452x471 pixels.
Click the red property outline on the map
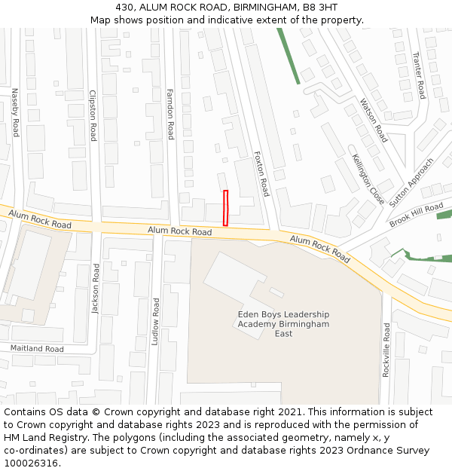225,208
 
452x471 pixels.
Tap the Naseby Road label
14,112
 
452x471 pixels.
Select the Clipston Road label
93,116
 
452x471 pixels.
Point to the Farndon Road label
170,114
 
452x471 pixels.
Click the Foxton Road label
261,173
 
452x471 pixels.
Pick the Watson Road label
374,121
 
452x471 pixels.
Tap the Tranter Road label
420,75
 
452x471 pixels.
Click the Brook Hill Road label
417,215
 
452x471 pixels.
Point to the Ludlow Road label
155,321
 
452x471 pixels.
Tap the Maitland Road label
37,349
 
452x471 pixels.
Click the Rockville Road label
386,350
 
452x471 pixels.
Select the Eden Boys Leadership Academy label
283,323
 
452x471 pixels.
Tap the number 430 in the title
125,7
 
